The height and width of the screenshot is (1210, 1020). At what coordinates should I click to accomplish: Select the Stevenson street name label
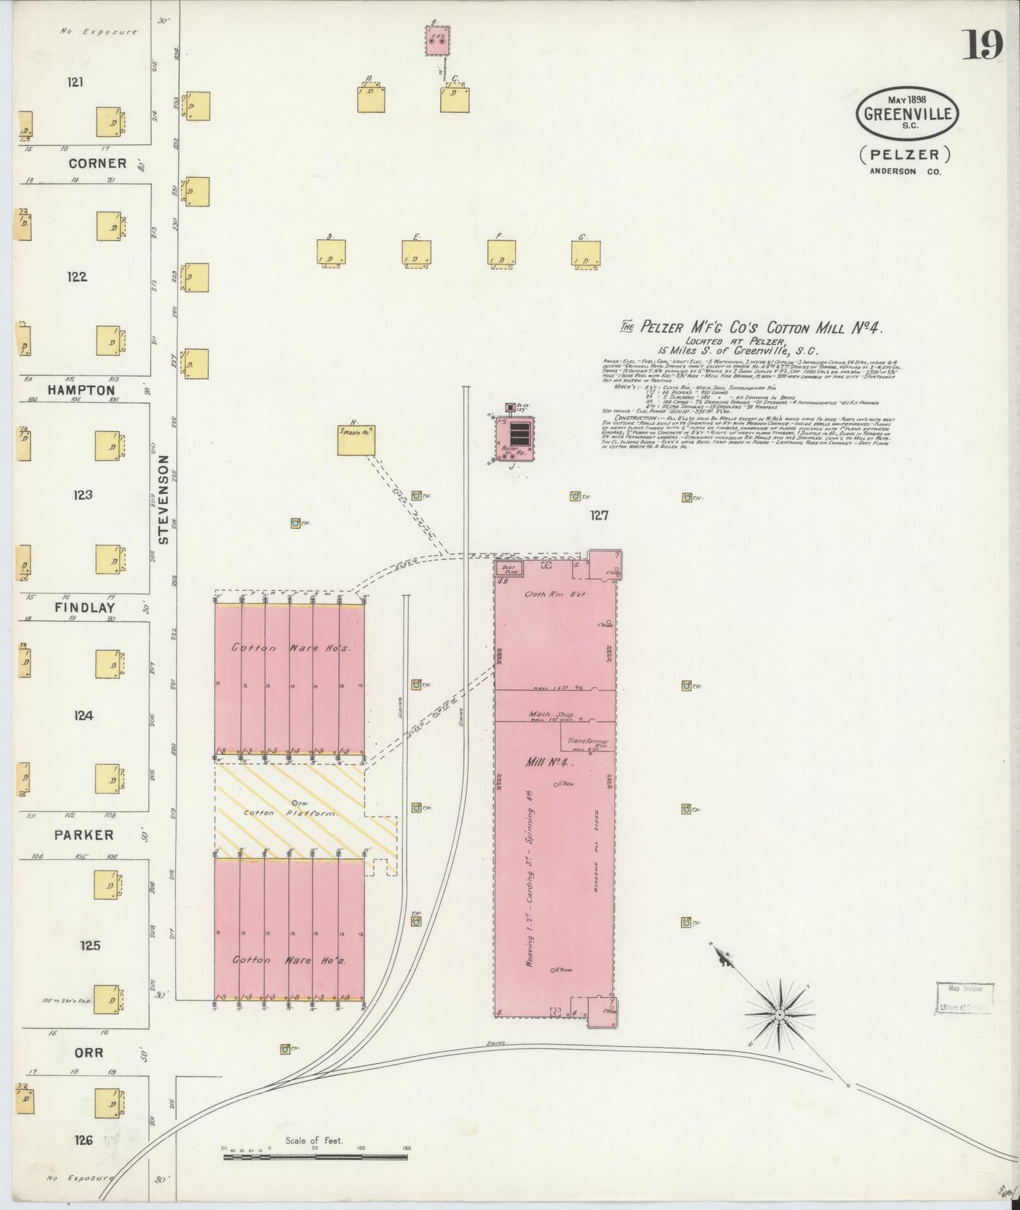click(x=164, y=498)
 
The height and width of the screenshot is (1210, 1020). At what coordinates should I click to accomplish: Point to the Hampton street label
click(x=91, y=390)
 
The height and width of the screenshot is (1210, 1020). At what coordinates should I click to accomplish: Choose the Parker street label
click(x=83, y=835)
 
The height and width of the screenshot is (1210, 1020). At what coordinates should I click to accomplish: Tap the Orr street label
click(x=89, y=1053)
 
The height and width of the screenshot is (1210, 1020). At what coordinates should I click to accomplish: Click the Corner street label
click(x=97, y=163)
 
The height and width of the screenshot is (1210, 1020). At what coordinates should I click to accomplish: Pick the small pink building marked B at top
click(x=438, y=42)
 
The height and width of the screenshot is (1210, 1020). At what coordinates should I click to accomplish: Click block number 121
click(x=76, y=83)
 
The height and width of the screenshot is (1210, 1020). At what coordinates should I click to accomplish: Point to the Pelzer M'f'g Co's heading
click(x=751, y=327)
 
